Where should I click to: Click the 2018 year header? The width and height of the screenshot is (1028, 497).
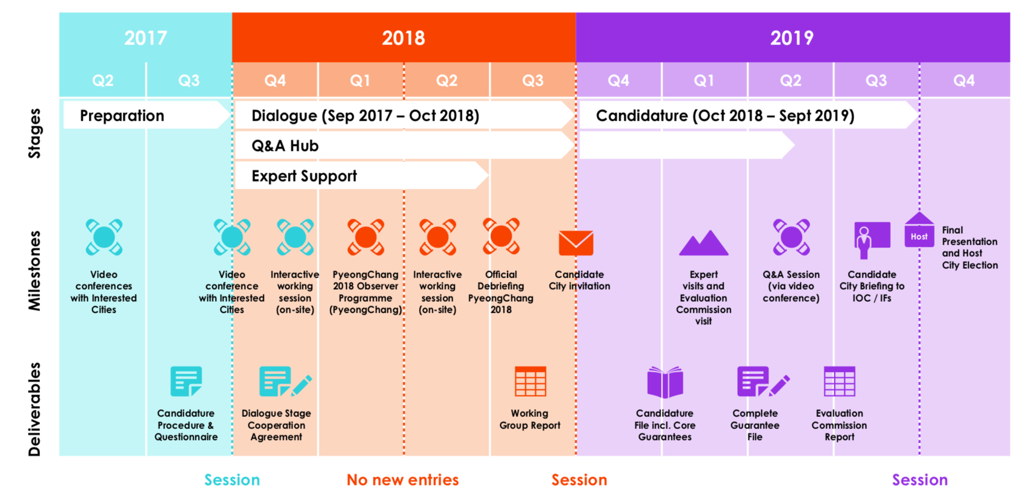point(403,38)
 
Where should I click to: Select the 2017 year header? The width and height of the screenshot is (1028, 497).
point(145,38)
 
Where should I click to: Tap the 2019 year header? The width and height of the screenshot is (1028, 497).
point(792,38)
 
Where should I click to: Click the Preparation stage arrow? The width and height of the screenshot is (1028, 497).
point(146,115)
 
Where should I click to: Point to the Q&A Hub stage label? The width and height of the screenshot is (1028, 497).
point(285,146)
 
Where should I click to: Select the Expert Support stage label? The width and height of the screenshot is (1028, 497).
point(304,176)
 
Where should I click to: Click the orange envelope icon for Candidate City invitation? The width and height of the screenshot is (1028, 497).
point(576,243)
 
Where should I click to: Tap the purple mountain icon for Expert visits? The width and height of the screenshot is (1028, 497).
point(704,242)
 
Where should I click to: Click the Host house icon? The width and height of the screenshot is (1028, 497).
point(919,230)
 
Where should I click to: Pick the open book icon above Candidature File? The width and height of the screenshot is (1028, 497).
point(665,382)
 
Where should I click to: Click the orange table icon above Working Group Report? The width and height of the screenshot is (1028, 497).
point(530,381)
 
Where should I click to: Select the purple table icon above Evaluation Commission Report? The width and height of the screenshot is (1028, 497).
point(839,381)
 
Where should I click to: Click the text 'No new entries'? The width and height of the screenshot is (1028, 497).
point(403,480)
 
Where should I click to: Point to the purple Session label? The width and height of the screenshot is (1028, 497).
point(920,480)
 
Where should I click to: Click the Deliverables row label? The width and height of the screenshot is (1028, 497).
point(35,409)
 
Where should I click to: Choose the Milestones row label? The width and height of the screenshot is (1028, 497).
point(35,271)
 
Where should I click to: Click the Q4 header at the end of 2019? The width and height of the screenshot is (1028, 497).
point(964,81)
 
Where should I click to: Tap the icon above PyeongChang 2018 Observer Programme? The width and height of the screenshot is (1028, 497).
point(366,238)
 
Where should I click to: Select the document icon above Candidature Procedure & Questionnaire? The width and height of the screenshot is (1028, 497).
point(186,381)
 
